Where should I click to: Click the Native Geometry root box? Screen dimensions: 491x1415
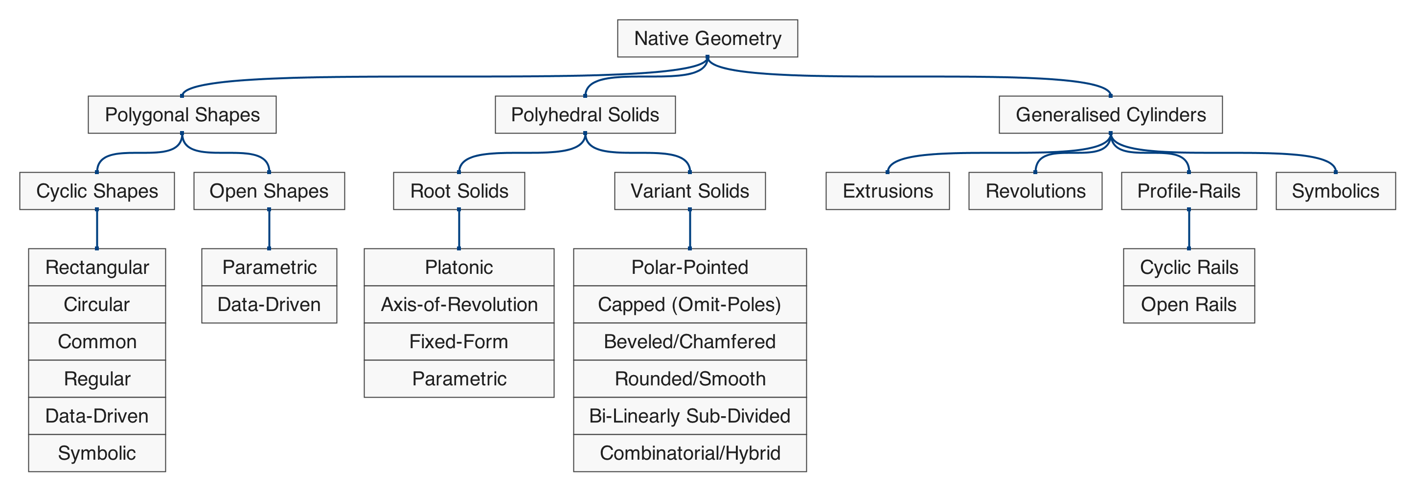(707, 39)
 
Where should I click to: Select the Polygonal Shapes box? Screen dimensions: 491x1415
(182, 115)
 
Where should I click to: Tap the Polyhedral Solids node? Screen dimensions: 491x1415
(585, 115)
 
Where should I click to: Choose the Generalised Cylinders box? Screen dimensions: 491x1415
(1110, 115)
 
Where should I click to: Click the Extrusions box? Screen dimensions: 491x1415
(887, 191)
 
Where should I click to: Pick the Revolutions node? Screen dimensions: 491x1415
(1035, 191)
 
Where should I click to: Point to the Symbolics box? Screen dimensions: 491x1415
(1335, 191)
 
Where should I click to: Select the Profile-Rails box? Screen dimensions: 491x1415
(1188, 191)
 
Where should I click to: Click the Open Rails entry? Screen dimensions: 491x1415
(1188, 304)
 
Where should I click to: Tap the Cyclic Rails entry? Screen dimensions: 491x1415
(1188, 268)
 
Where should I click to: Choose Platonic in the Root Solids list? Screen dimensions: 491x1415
(458, 268)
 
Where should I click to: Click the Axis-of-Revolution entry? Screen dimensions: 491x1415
(458, 304)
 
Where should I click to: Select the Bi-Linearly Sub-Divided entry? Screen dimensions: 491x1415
(689, 416)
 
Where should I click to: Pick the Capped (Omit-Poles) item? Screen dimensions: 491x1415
(689, 304)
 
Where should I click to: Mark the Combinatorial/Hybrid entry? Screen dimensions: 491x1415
(689, 453)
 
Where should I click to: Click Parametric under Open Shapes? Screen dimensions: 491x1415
(269, 268)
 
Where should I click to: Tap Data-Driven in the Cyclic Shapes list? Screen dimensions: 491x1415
(97, 416)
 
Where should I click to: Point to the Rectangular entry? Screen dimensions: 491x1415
(97, 268)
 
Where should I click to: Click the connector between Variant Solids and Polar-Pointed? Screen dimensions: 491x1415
(689, 229)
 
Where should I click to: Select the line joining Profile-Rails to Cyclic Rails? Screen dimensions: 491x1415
(1188, 229)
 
